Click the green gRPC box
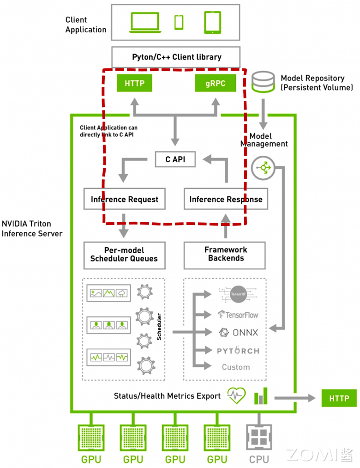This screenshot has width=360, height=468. click(x=216, y=84)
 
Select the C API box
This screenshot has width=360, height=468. click(x=175, y=159)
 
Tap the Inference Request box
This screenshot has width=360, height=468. click(x=124, y=199)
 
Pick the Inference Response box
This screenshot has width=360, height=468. click(x=226, y=199)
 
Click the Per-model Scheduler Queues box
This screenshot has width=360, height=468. click(x=124, y=254)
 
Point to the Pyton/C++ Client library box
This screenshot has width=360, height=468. click(x=176, y=57)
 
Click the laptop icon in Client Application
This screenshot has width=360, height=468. click(x=144, y=22)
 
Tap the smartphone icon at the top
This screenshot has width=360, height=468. click(x=179, y=22)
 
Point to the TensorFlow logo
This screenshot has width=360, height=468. click(x=238, y=315)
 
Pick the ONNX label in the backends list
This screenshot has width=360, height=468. click(x=238, y=332)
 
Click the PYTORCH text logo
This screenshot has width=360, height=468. click(x=238, y=351)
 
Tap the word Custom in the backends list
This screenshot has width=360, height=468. click(x=236, y=367)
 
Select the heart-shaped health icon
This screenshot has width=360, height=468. click(x=236, y=395)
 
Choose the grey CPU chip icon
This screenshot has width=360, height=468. click(x=259, y=437)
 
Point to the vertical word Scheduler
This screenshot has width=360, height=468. click(x=159, y=327)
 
